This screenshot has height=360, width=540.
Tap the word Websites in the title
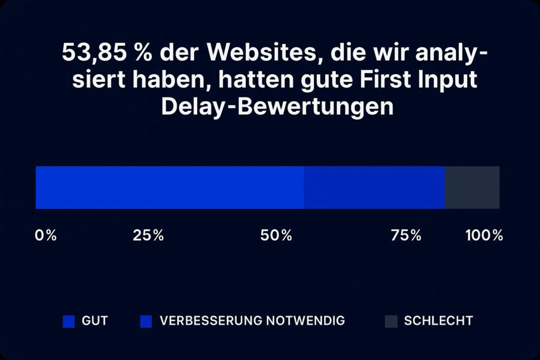(252, 53)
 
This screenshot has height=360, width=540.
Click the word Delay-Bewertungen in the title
(277, 107)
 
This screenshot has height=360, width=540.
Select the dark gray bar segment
(471, 188)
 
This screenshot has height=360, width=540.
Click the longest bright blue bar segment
(169, 188)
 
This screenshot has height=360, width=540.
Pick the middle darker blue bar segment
(374, 188)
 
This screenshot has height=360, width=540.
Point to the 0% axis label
(46, 236)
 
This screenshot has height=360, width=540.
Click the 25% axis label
(148, 236)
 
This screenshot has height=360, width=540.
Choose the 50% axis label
(276, 236)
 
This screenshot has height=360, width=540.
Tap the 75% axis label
(406, 236)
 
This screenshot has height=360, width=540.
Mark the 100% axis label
(484, 236)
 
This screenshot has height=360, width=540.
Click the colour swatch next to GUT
(69, 321)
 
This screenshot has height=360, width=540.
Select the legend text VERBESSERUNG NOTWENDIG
(253, 320)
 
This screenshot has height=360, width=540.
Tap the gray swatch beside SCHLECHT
(391, 321)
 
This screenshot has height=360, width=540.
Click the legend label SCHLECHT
(438, 320)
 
